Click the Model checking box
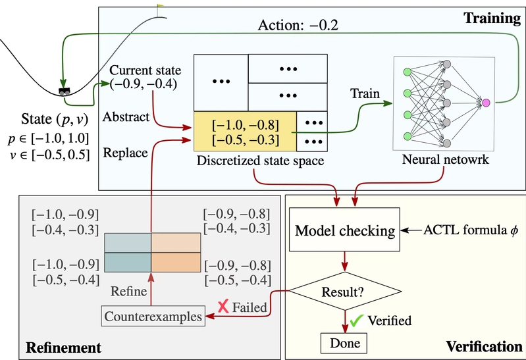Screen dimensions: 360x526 [345, 231]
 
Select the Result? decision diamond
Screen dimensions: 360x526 [345, 290]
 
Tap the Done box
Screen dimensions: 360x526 [342, 342]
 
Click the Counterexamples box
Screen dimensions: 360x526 [153, 317]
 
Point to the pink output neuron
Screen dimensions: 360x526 [486, 103]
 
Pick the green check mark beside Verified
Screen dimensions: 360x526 [357, 321]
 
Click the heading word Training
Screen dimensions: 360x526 [494, 18]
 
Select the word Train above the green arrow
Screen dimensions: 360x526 [365, 93]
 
